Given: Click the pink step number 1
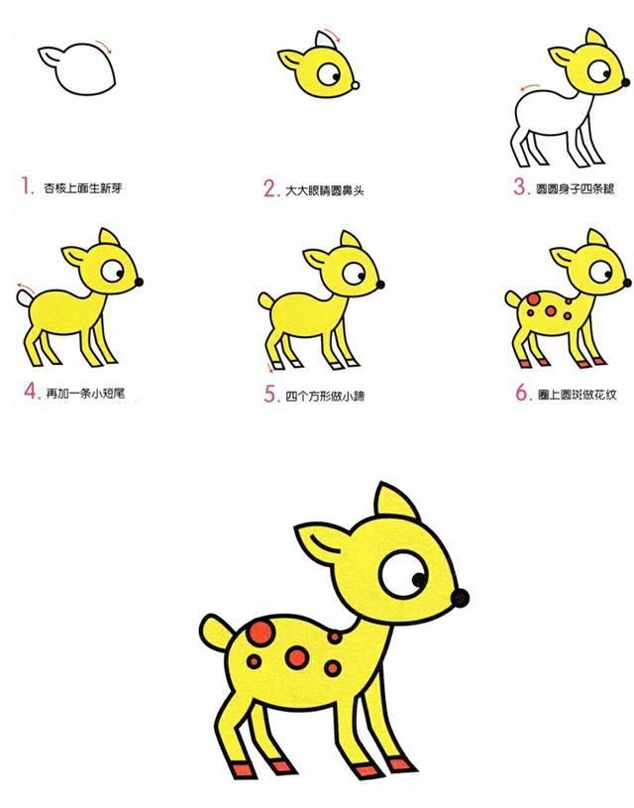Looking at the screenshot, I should click(25, 185).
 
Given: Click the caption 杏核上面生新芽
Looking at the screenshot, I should click(83, 187).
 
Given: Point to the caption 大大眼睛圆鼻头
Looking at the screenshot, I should click(325, 188).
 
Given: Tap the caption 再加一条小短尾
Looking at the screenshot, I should click(85, 393).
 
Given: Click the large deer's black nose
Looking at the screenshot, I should click(460, 597).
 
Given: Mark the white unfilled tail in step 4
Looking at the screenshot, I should click(23, 295).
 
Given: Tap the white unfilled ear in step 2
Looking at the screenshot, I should click(321, 42).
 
